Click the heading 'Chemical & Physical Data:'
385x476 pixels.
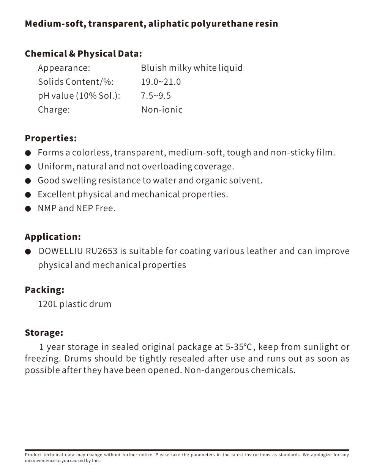(83, 54)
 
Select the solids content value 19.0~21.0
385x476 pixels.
(161, 82)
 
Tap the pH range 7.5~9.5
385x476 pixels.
(156, 96)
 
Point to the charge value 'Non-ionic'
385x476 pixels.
(162, 110)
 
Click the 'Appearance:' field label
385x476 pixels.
(64, 68)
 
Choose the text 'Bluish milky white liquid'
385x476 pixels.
(191, 68)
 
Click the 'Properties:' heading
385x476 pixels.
(50, 138)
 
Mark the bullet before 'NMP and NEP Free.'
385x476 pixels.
(28, 209)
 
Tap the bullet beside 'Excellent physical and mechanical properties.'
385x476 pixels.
(28, 195)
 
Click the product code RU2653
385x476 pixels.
(103, 251)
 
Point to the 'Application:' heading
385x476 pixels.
(53, 237)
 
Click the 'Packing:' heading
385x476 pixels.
(44, 290)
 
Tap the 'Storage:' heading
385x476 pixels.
(44, 333)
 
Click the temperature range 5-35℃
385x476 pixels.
(239, 347)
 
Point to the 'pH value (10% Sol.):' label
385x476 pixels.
(79, 96)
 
